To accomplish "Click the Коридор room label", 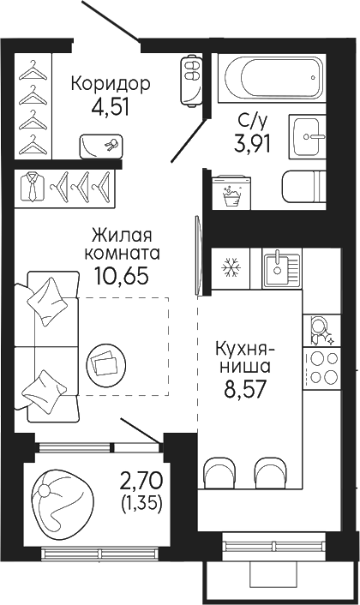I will [x=111, y=84].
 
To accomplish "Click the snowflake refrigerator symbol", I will [x=230, y=267].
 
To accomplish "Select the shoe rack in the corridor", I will [x=189, y=75].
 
